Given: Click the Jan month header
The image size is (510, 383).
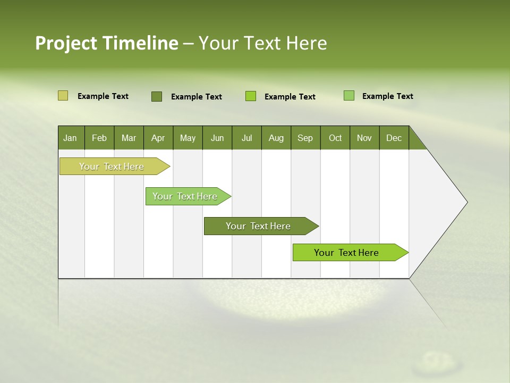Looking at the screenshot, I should coord(70,138).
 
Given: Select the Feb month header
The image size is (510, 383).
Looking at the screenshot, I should coord(99,138).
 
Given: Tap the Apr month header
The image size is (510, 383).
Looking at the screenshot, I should coord(158,138).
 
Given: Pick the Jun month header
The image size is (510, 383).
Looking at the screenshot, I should coord(217,138).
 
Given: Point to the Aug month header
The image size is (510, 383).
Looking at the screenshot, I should coord(276,138).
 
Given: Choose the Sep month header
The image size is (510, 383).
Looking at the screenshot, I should coord(305,138).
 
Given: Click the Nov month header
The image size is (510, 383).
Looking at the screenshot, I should coord(364,138).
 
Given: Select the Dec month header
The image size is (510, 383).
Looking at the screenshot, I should coord(394,138).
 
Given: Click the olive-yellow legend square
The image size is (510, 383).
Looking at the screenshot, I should coord(63,96).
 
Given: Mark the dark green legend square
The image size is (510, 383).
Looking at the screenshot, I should coord(156,96).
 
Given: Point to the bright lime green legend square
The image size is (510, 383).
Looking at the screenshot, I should coord(251,96).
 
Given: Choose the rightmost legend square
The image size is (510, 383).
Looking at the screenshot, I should coord(349,96).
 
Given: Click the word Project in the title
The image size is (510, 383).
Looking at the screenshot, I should coord(66,44).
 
